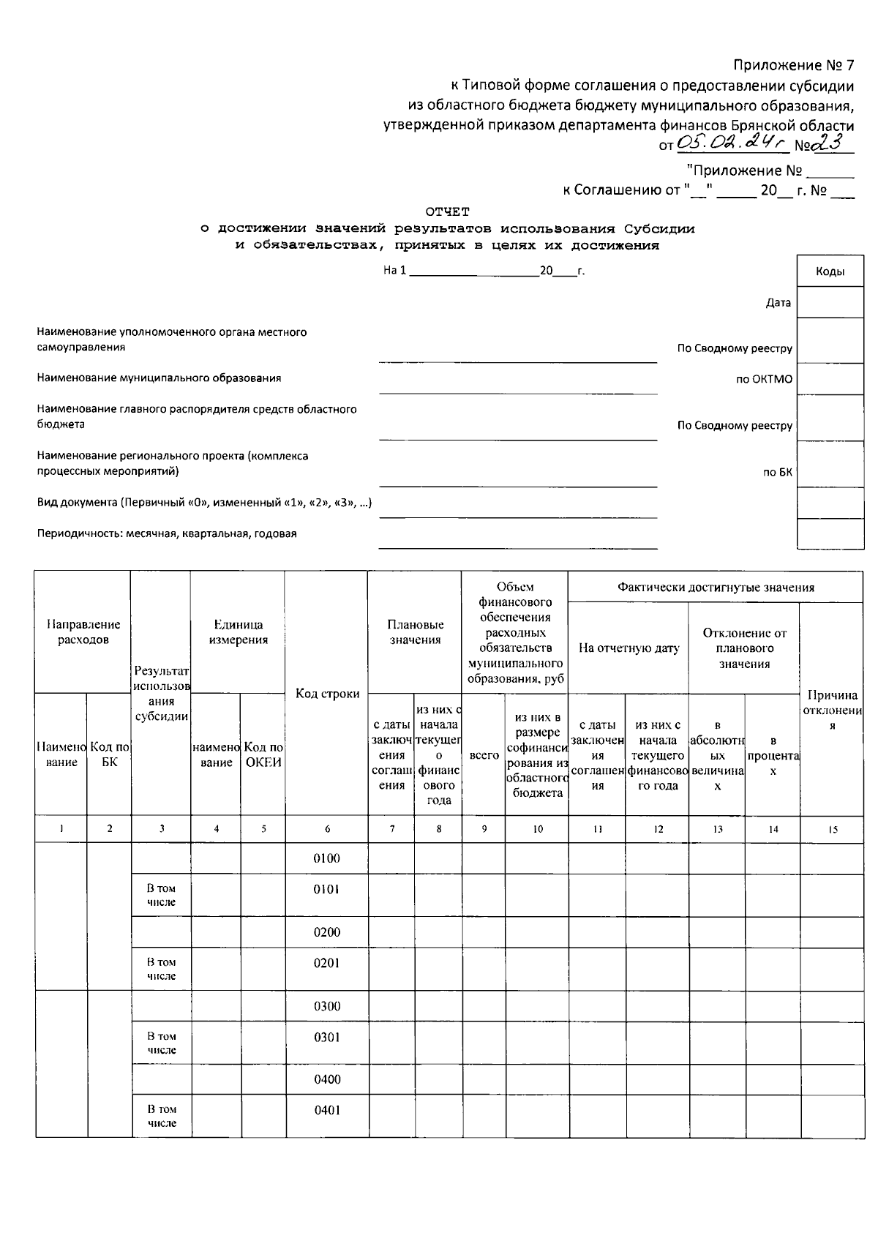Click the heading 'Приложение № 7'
(794, 65)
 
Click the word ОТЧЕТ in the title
(448, 211)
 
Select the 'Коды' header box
(830, 271)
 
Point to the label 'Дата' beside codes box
(778, 303)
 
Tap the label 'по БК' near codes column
(777, 473)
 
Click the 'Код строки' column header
(327, 693)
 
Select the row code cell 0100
(326, 858)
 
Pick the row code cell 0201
(326, 963)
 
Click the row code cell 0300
(327, 1006)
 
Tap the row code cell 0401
(326, 1110)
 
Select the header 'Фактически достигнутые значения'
(715, 587)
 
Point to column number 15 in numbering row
(832, 829)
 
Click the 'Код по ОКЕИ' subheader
(263, 754)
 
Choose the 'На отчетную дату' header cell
(629, 648)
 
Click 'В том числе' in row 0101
(161, 895)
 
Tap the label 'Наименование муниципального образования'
(159, 378)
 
